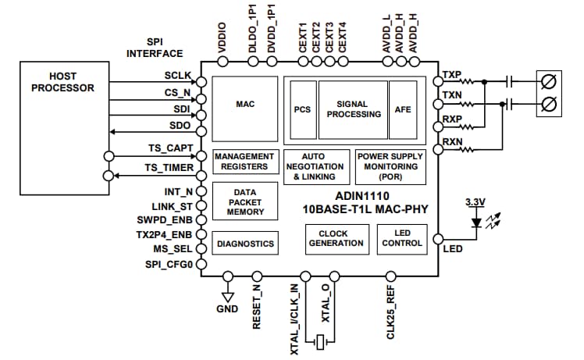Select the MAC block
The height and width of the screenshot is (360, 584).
pyautogui.click(x=244, y=104)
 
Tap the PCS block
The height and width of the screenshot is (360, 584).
pyautogui.click(x=302, y=109)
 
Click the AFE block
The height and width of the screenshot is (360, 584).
pyautogui.click(x=403, y=109)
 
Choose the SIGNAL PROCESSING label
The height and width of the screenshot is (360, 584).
pyautogui.click(x=353, y=109)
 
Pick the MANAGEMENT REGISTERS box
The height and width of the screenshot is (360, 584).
pyautogui.click(x=244, y=162)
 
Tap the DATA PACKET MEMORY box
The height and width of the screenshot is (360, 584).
pyautogui.click(x=244, y=201)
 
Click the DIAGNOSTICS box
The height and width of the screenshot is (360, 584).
pyautogui.click(x=244, y=244)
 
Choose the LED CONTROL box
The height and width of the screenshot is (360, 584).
pyautogui.click(x=401, y=238)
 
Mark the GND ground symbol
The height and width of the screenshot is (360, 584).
pyautogui.click(x=228, y=297)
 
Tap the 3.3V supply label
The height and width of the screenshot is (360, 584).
pyautogui.click(x=475, y=202)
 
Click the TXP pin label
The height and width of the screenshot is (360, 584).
pyautogui.click(x=452, y=76)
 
